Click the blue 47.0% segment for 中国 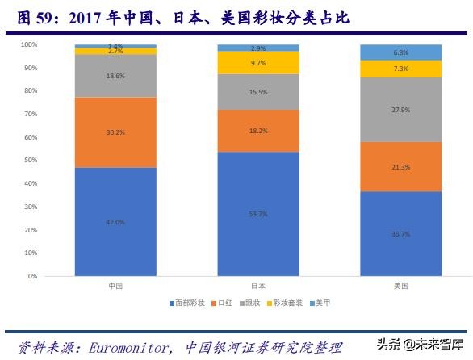click(115, 221)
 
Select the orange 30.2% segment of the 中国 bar click(115, 132)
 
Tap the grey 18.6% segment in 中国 click(115, 76)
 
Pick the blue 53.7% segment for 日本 click(258, 213)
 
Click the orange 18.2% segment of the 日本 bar click(258, 130)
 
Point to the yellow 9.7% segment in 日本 click(258, 63)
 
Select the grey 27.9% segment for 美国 click(401, 109)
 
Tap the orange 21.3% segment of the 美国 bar click(401, 166)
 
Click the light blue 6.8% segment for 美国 click(401, 52)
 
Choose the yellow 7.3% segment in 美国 click(401, 69)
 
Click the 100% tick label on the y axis click(27, 44)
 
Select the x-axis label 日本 click(258, 286)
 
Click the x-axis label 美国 click(401, 286)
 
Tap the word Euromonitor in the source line click(124, 348)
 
